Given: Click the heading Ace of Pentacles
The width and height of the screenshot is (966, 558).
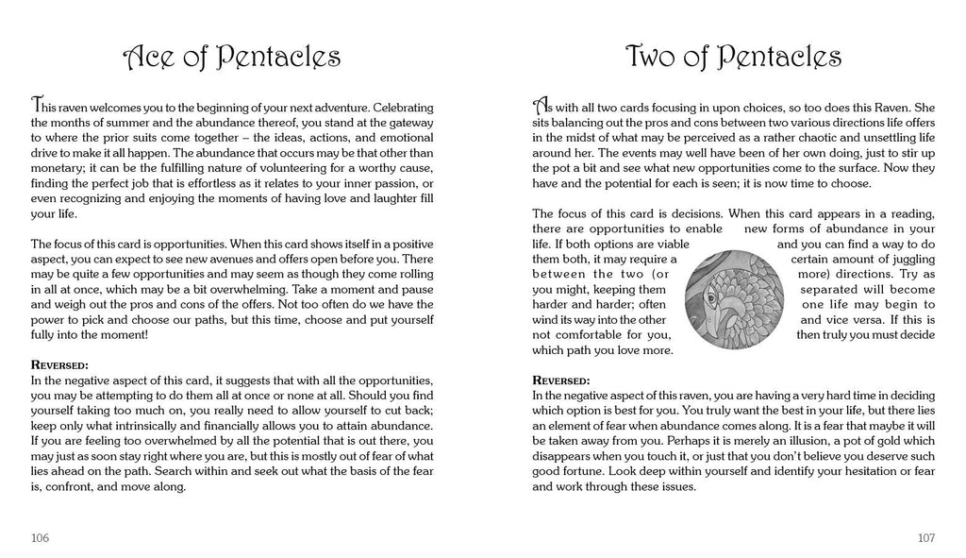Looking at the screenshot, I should pyautogui.click(x=232, y=58).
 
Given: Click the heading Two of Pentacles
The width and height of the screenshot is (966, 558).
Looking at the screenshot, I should pyautogui.click(x=733, y=58).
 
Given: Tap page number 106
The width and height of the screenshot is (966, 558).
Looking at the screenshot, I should pyautogui.click(x=40, y=537).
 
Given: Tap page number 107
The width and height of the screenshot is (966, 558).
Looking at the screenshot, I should pyautogui.click(x=925, y=537).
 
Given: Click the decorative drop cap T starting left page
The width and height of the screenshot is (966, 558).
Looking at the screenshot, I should pyautogui.click(x=37, y=102).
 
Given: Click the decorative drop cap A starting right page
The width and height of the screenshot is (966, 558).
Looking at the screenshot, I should pyautogui.click(x=541, y=102).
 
